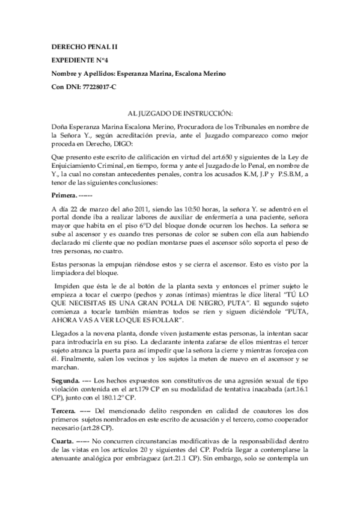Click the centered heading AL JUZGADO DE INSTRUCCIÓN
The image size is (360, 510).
[181, 113]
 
